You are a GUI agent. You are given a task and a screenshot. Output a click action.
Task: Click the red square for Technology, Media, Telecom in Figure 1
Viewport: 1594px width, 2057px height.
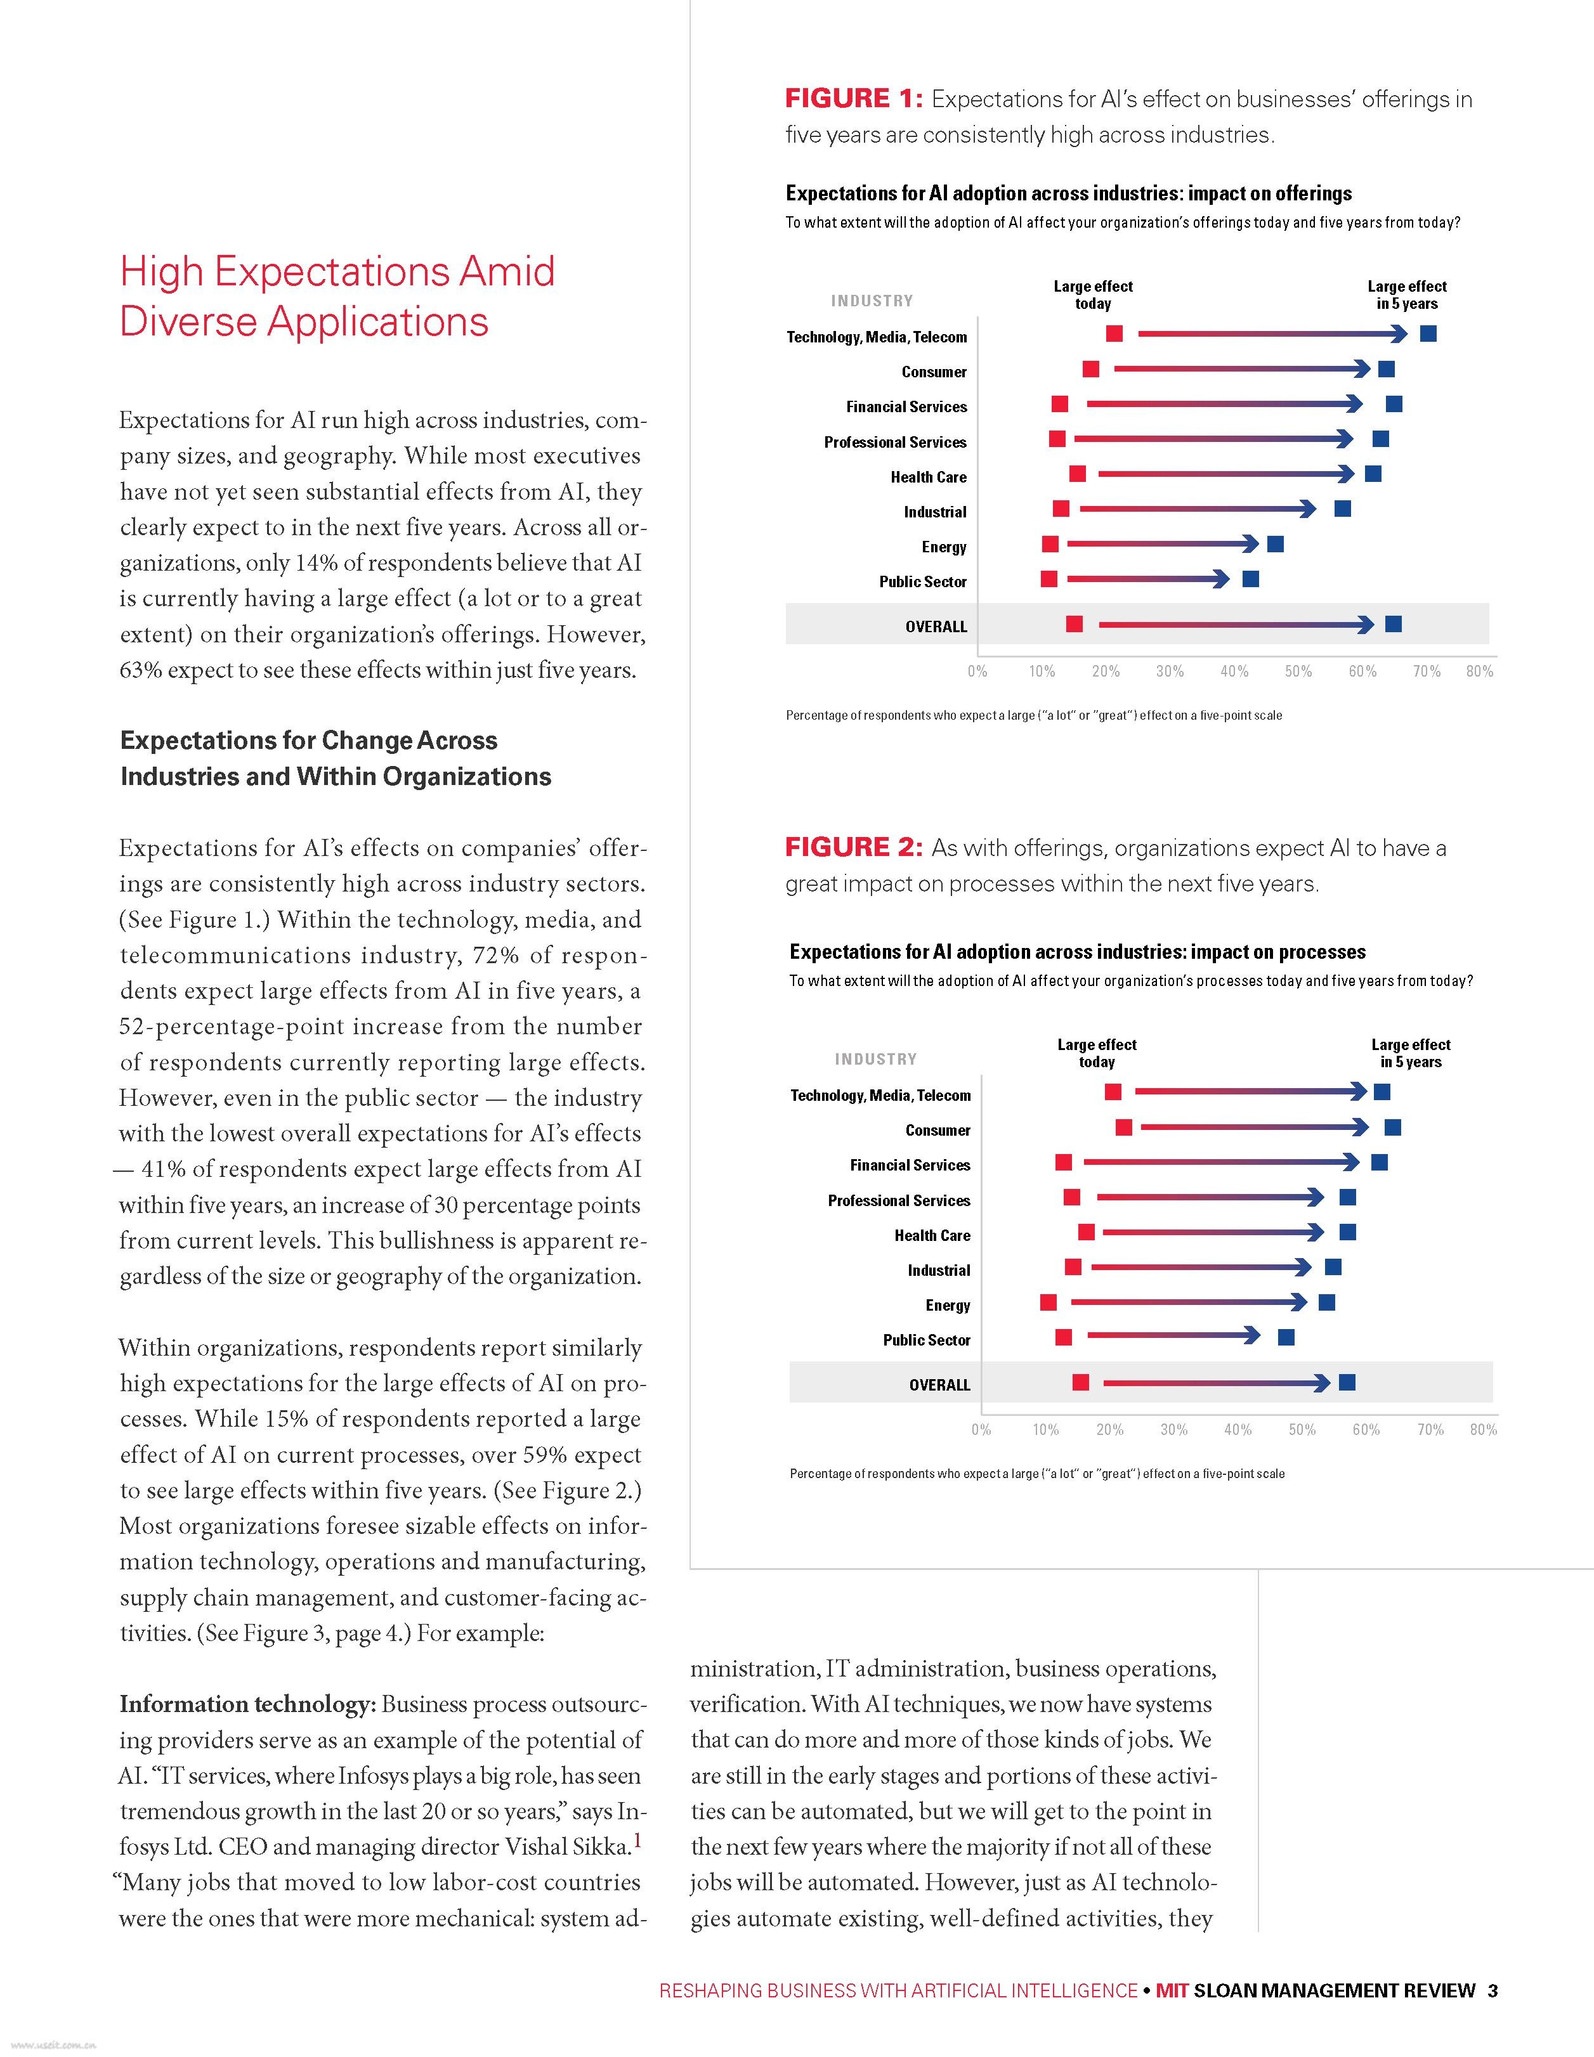1114,334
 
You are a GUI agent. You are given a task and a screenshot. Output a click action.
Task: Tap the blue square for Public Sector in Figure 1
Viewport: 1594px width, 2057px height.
1250,578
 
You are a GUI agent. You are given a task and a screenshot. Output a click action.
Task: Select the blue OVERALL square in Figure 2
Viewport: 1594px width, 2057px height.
1347,1382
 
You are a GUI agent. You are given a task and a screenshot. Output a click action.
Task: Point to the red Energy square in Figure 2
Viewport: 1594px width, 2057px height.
1049,1302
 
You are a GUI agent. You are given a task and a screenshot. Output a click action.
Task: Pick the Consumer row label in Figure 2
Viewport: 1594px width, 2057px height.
937,1130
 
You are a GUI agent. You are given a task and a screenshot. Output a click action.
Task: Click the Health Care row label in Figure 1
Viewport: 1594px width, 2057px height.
928,477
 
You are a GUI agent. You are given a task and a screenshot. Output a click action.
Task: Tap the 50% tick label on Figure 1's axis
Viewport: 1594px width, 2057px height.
1298,672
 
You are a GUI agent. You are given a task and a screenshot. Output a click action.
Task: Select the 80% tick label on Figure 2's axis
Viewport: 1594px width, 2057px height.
1483,1430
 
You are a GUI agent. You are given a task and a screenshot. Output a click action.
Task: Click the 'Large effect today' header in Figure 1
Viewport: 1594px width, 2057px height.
1093,295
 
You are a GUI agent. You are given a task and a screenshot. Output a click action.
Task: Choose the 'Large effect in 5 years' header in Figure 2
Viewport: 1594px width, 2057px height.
1410,1053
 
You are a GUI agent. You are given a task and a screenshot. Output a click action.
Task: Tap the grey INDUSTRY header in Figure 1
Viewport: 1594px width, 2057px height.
872,301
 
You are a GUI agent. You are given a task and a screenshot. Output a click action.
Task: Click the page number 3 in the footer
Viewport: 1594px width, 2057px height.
1493,1990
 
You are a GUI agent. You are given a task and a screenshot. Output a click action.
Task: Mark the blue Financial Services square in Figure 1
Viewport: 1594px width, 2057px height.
1394,404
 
